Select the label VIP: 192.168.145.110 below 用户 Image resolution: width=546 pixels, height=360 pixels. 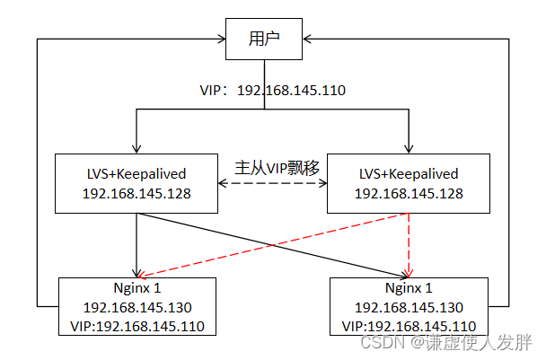[x=272, y=91]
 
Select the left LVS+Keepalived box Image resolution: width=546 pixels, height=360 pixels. [x=136, y=183]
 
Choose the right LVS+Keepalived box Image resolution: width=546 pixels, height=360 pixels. [x=409, y=183]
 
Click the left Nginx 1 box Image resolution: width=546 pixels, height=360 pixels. [x=136, y=306]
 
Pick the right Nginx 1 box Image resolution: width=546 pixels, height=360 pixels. [x=409, y=306]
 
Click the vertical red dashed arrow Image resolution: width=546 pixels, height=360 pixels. [x=409, y=244]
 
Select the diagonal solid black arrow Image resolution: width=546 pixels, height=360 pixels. [x=269, y=244]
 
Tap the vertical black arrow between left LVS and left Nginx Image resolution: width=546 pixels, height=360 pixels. [x=136, y=244]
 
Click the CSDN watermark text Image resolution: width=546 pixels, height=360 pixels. [x=445, y=342]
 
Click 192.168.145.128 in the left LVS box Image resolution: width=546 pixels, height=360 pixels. [x=136, y=194]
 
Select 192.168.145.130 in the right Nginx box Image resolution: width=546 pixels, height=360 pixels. [x=409, y=307]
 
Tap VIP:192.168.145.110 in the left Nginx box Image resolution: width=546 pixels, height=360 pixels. [x=136, y=325]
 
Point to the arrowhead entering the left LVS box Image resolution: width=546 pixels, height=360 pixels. [x=136, y=149]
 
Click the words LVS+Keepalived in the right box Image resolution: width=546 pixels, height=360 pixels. [x=409, y=174]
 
